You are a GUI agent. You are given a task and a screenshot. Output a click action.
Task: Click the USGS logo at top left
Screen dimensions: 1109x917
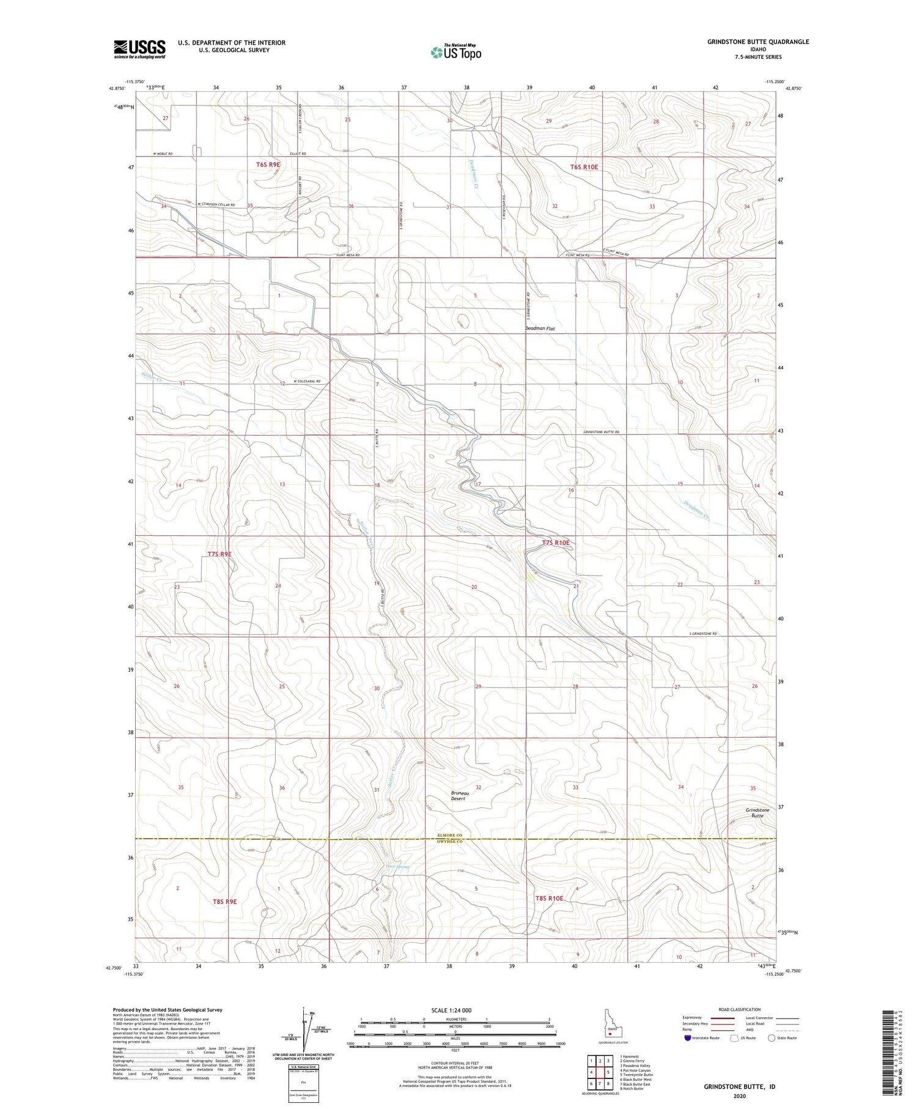tap(139, 49)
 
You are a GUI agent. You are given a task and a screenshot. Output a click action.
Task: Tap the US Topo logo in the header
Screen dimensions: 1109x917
tap(455, 53)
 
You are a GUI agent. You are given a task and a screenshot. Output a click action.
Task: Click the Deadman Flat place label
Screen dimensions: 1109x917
tap(540, 328)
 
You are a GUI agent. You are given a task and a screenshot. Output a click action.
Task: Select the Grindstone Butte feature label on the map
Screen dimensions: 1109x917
tap(757, 812)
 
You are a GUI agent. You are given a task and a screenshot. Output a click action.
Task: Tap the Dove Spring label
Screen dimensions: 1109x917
tap(397, 866)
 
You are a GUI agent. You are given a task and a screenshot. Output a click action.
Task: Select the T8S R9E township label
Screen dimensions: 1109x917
tap(224, 901)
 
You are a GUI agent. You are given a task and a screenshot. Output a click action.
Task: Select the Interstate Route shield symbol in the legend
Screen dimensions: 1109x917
tap(688, 1038)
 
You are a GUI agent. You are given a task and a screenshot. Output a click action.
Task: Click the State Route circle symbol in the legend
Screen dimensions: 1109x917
tap(772, 1038)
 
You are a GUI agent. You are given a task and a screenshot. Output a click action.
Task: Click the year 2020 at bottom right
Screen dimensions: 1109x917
tap(740, 1092)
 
